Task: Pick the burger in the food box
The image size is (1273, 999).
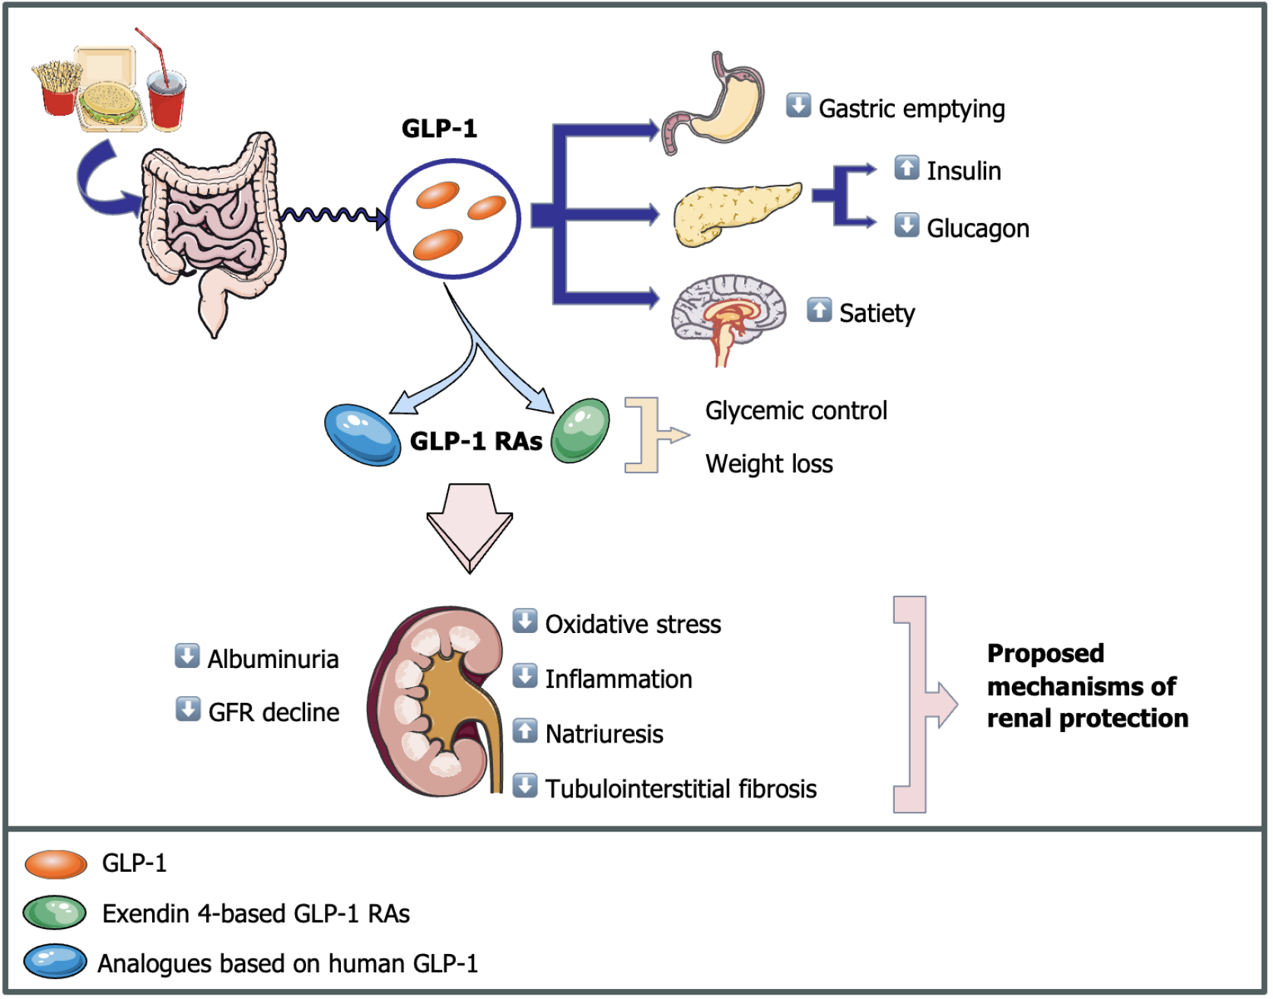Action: (110, 103)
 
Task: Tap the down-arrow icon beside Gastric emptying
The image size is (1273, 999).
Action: (798, 105)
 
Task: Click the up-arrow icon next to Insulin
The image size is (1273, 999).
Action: (906, 167)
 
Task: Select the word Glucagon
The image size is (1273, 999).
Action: (978, 228)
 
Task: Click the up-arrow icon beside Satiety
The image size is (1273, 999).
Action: (819, 310)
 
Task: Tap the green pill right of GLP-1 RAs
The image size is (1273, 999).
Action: (580, 431)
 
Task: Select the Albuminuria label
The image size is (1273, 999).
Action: (272, 659)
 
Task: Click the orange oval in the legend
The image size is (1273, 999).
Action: (56, 864)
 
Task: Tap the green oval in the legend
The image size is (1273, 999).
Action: (55, 913)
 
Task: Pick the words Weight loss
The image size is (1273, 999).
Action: (769, 463)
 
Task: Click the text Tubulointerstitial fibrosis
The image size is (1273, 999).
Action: (680, 789)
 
